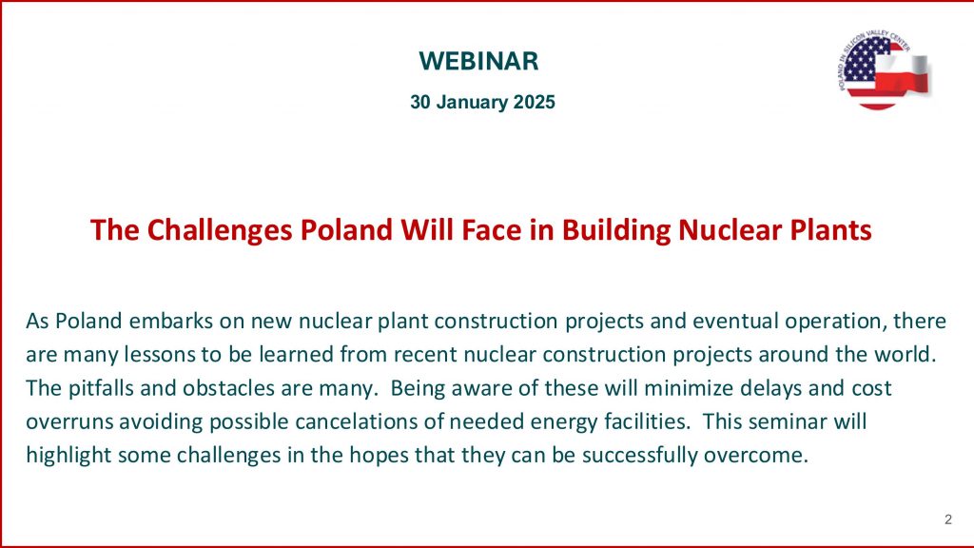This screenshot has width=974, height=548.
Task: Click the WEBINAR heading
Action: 478,61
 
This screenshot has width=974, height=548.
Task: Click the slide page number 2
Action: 948,519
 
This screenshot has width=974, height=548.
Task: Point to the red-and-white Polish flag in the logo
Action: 903,73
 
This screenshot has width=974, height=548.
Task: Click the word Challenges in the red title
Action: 220,230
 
